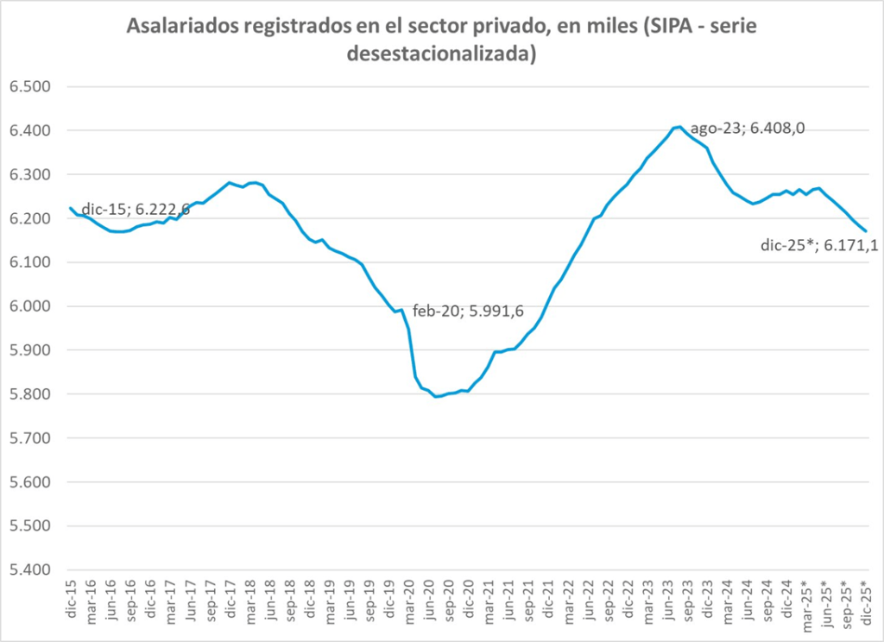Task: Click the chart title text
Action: coord(441,40)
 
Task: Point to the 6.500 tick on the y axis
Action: coord(30,87)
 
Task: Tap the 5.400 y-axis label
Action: coord(30,570)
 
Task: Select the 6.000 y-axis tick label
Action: coord(30,306)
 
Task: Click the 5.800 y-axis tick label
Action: coord(30,394)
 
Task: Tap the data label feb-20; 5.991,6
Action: coord(468,312)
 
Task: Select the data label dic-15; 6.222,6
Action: coord(136,210)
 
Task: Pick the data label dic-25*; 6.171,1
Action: coord(819,245)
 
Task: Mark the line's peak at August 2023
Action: coord(680,127)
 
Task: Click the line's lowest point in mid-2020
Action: coord(437,397)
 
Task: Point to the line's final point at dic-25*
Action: coord(867,231)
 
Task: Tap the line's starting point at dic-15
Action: coord(70,207)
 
